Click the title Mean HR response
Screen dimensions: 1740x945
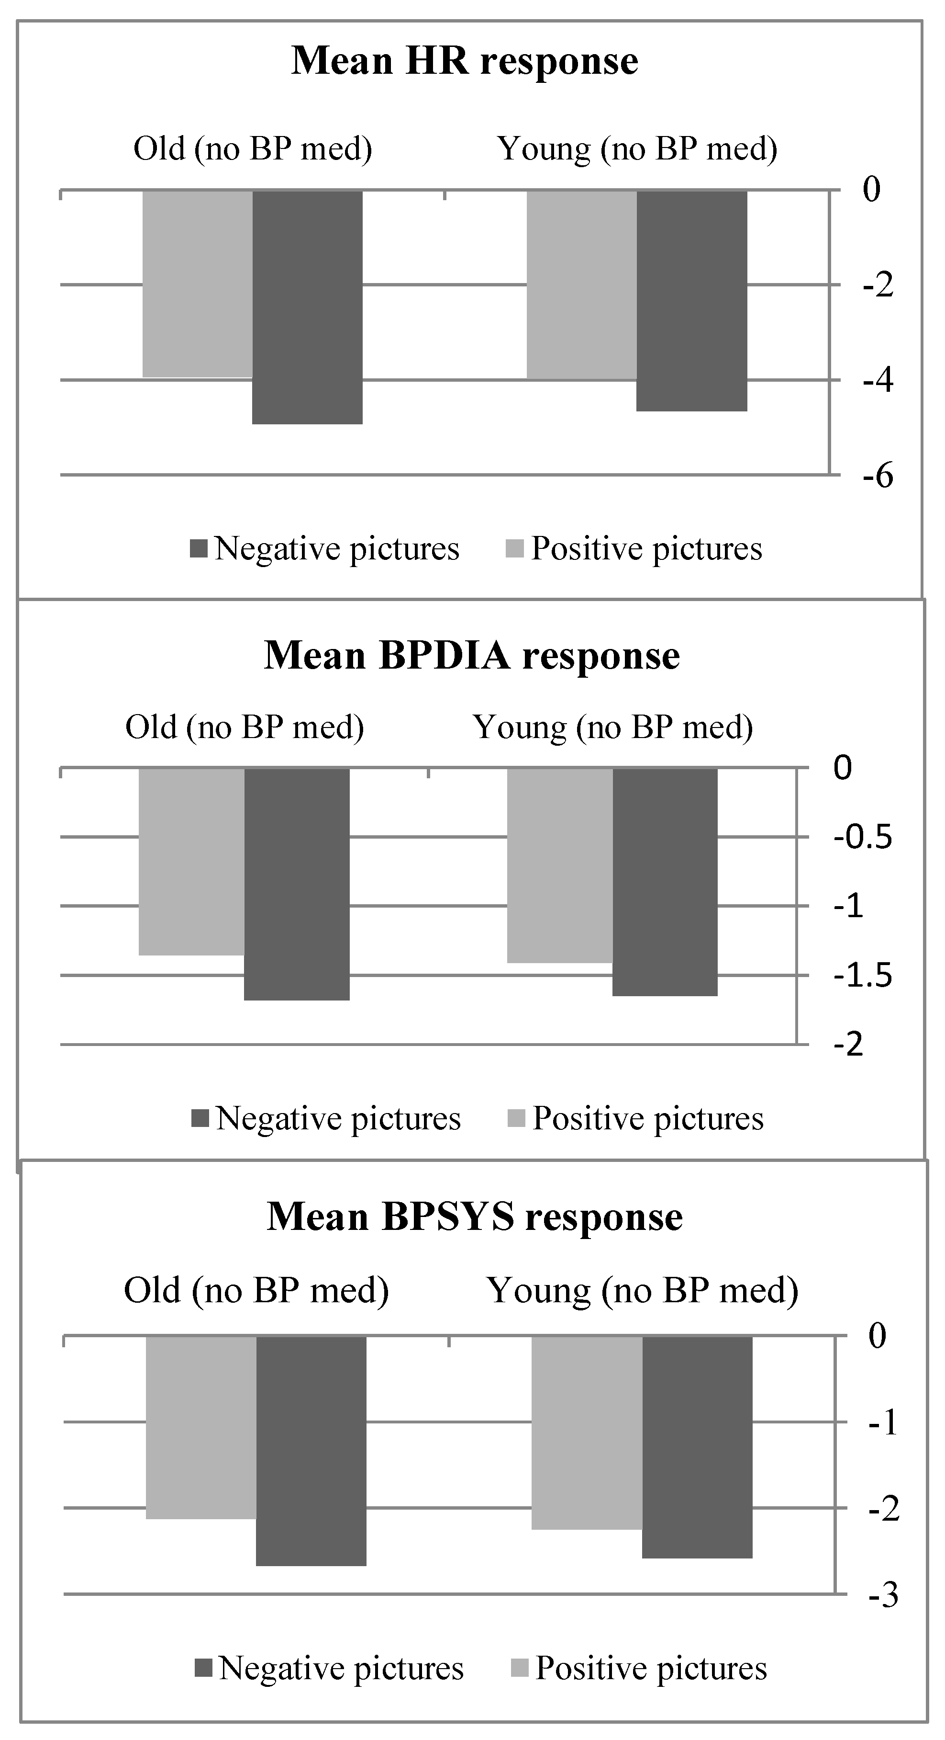[465, 61]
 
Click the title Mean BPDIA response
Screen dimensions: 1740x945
[471, 656]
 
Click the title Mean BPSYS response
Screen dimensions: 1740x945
[475, 1217]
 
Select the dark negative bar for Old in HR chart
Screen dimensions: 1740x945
[308, 307]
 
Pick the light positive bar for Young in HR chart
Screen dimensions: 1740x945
[581, 285]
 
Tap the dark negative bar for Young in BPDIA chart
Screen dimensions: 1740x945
[665, 881]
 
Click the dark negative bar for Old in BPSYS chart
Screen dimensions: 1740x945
[311, 1450]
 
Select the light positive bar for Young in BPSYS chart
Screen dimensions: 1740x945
[587, 1432]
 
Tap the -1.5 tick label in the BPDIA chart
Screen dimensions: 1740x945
[862, 976]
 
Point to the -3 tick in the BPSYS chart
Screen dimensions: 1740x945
[883, 1596]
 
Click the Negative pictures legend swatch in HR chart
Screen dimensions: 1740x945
[199, 548]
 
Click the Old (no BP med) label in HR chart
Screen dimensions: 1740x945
[253, 148]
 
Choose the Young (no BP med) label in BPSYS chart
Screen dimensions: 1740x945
[643, 1290]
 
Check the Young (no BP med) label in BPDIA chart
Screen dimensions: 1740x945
[613, 728]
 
